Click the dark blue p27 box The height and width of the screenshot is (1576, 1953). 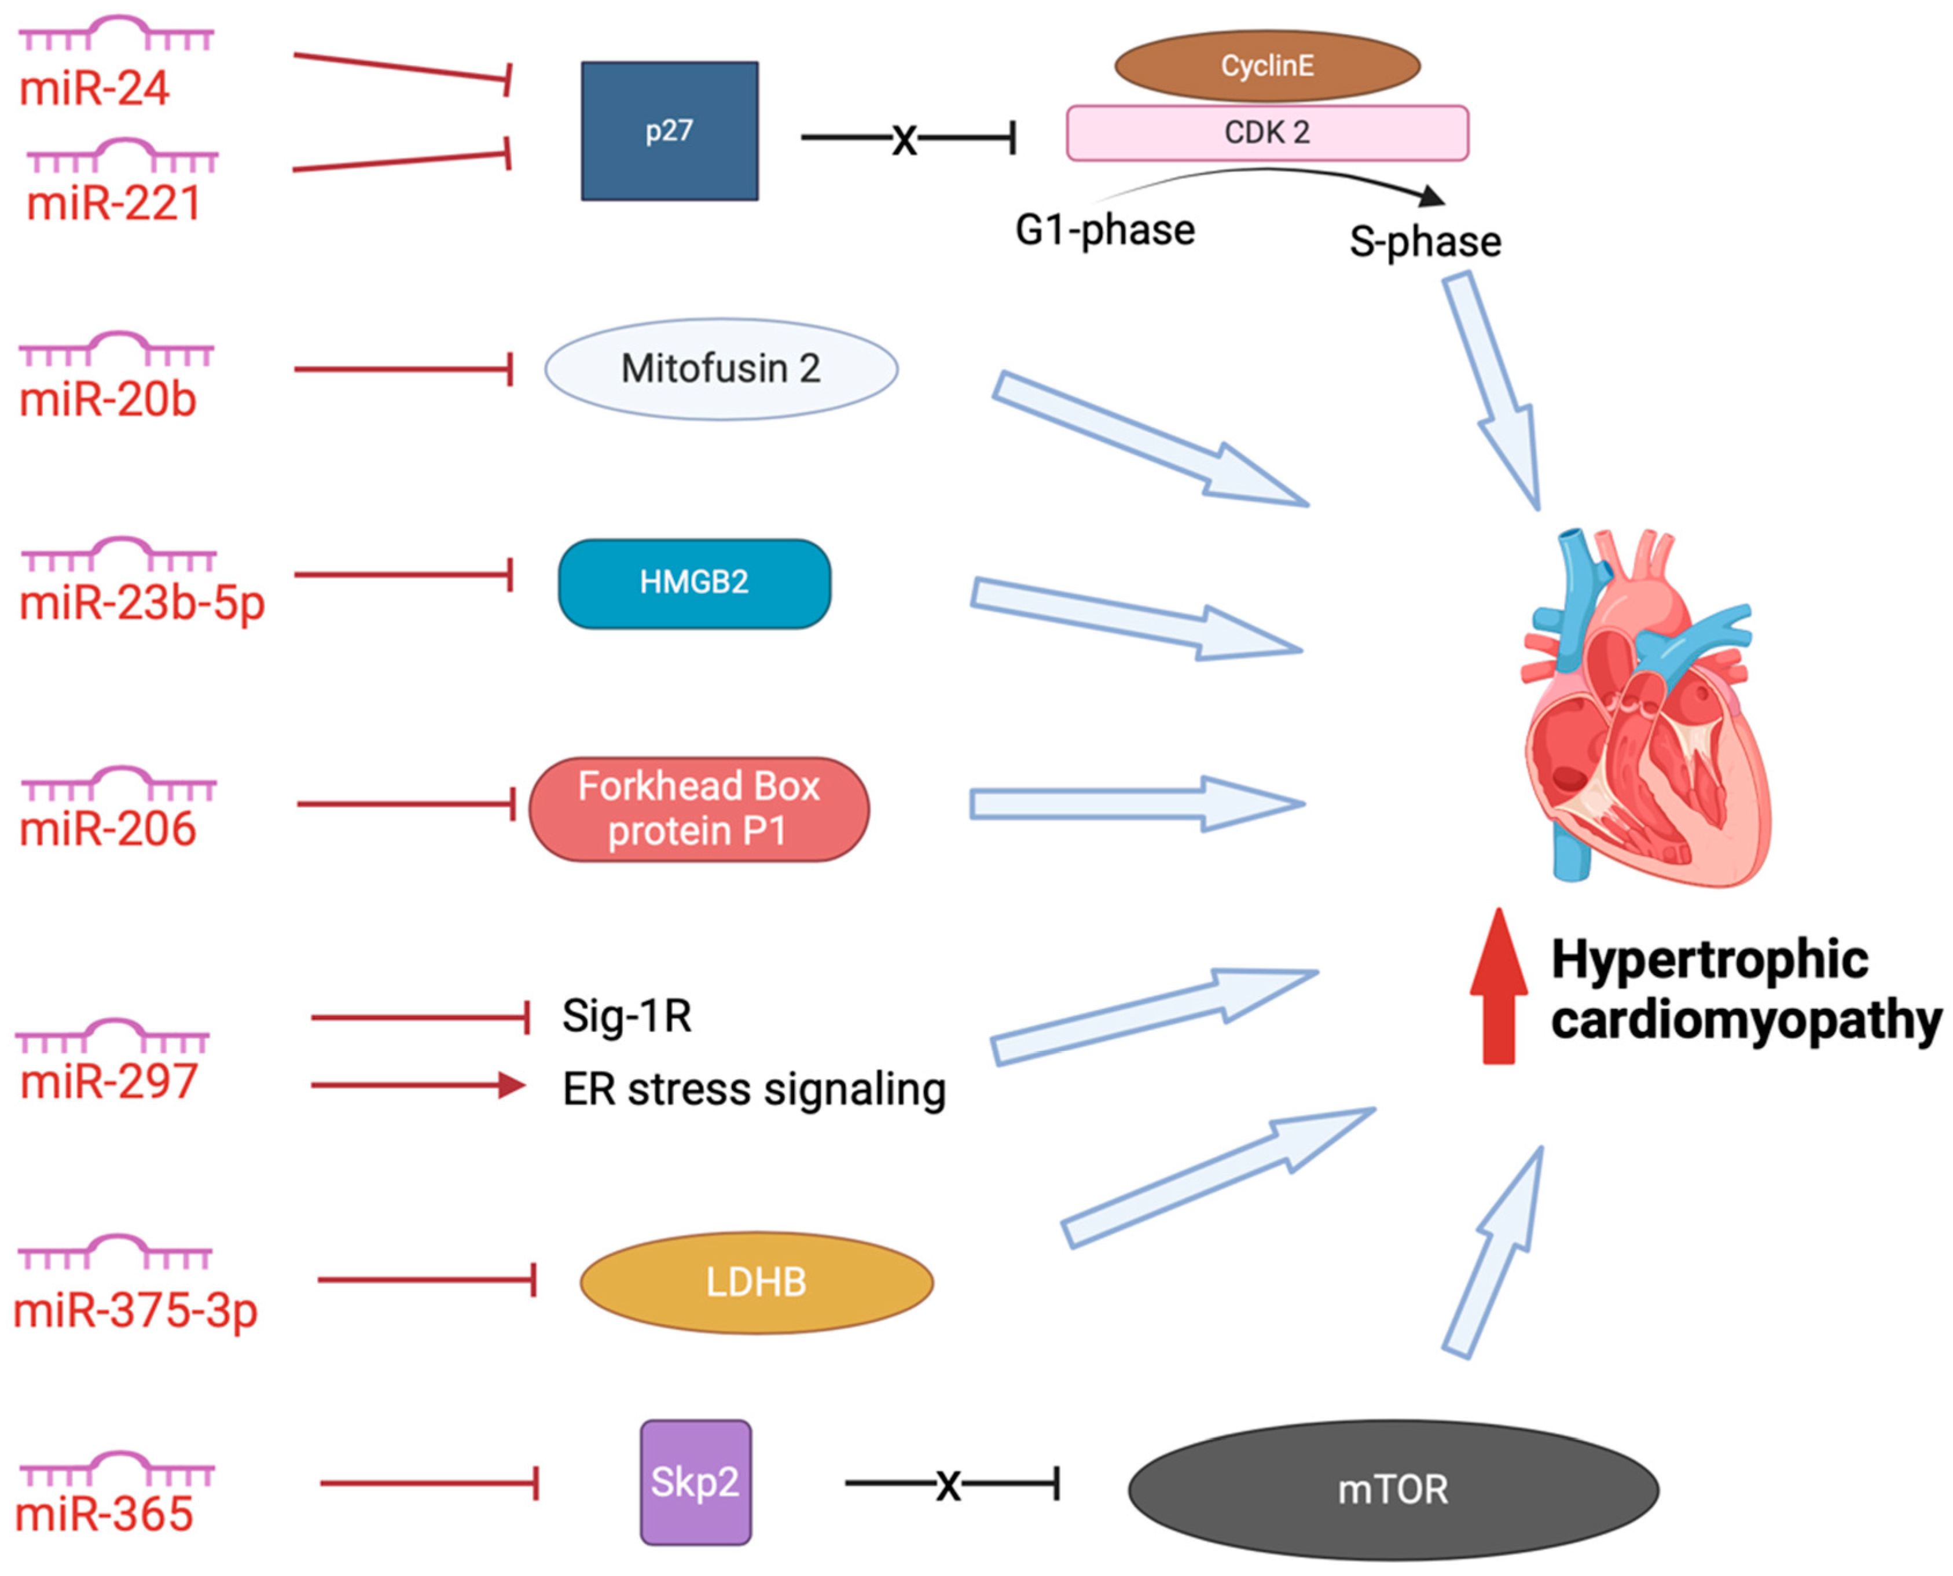[x=669, y=131]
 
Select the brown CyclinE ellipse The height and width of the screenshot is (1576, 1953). [x=1266, y=65]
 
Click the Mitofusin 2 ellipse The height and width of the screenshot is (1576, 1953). [x=721, y=369]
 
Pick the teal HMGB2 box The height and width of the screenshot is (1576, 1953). [x=693, y=583]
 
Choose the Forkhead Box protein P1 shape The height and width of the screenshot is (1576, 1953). [x=698, y=809]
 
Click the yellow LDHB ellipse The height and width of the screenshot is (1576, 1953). [x=757, y=1282]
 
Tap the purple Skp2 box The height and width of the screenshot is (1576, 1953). [x=696, y=1482]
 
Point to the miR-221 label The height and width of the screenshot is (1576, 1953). [x=113, y=203]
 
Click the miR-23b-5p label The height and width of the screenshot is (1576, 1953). [x=142, y=603]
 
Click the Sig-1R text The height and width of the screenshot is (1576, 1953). [x=626, y=1016]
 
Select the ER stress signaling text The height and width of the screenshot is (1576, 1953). [x=754, y=1089]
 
